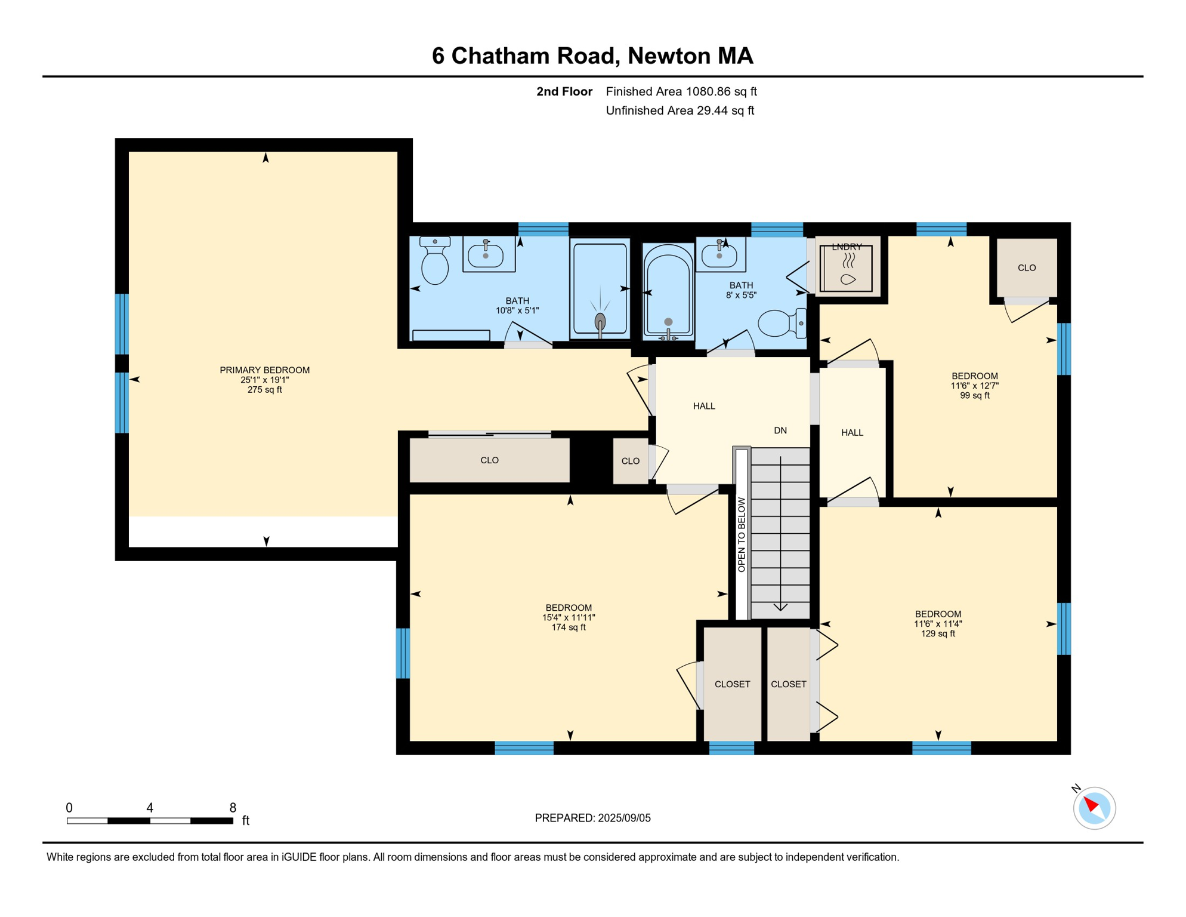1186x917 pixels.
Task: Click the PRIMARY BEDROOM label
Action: pyautogui.click(x=264, y=370)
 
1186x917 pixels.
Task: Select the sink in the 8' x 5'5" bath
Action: pyautogui.click(x=720, y=254)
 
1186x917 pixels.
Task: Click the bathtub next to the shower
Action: pyautogui.click(x=668, y=291)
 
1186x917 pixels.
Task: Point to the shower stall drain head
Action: pyautogui.click(x=600, y=322)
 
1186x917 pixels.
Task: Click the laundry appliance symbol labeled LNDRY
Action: pyautogui.click(x=847, y=267)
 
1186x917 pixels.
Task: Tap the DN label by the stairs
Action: pyautogui.click(x=780, y=430)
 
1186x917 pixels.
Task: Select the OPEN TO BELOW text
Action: pyautogui.click(x=742, y=535)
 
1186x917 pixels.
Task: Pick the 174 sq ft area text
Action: pyautogui.click(x=569, y=627)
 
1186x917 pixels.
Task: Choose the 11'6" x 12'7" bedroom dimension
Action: pyautogui.click(x=975, y=386)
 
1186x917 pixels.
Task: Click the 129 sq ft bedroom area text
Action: pyautogui.click(x=938, y=633)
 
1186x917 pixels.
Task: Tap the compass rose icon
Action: pyautogui.click(x=1094, y=808)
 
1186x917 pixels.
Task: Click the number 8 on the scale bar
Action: pyautogui.click(x=233, y=808)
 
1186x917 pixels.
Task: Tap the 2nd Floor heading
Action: pyautogui.click(x=564, y=91)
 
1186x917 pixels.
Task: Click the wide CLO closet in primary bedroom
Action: pyautogui.click(x=489, y=460)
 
